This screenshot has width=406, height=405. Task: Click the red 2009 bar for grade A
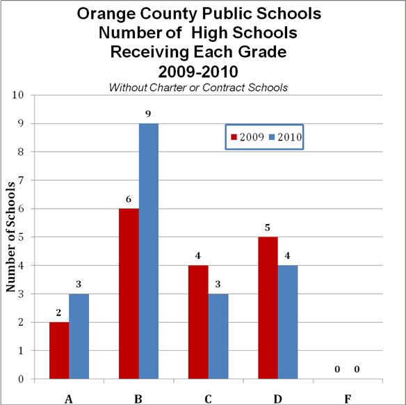(59, 350)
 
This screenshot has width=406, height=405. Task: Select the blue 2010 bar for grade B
(149, 251)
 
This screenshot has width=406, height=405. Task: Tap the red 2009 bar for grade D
(268, 308)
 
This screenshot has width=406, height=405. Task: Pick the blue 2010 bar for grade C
(218, 336)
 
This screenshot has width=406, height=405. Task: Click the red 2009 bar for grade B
(129, 294)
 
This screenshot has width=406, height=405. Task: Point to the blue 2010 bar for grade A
(79, 336)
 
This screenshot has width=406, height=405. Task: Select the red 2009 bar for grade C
(198, 322)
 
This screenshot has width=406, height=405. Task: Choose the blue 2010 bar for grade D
(288, 322)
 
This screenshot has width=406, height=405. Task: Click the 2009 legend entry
(247, 137)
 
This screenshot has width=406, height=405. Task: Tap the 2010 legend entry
(285, 137)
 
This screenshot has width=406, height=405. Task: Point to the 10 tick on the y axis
(18, 95)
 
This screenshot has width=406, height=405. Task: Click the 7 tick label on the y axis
(21, 180)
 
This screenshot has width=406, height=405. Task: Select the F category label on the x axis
(348, 399)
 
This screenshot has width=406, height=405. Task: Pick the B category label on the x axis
(138, 399)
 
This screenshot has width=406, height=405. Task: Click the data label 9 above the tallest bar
(148, 113)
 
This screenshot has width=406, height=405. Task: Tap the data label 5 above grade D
(268, 228)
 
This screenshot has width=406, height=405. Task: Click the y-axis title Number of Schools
(11, 237)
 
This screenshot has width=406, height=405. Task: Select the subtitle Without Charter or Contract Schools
(198, 88)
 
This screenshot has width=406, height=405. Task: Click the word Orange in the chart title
(106, 14)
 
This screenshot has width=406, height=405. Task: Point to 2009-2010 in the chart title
(198, 72)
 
